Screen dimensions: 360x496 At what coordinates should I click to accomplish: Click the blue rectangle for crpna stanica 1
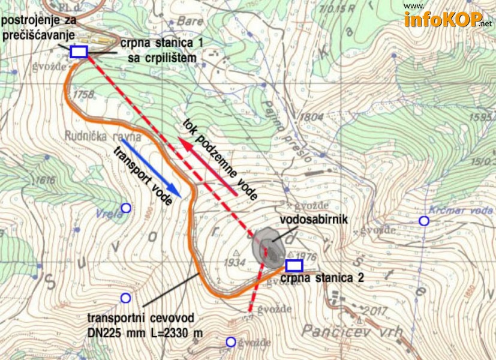point(79,52)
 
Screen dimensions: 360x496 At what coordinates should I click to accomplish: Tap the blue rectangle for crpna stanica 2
point(294,265)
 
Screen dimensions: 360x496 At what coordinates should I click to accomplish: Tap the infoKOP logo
point(447,20)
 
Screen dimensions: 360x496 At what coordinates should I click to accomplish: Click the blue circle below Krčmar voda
point(424,221)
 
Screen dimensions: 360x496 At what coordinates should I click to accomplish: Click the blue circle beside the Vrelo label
point(126,208)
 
